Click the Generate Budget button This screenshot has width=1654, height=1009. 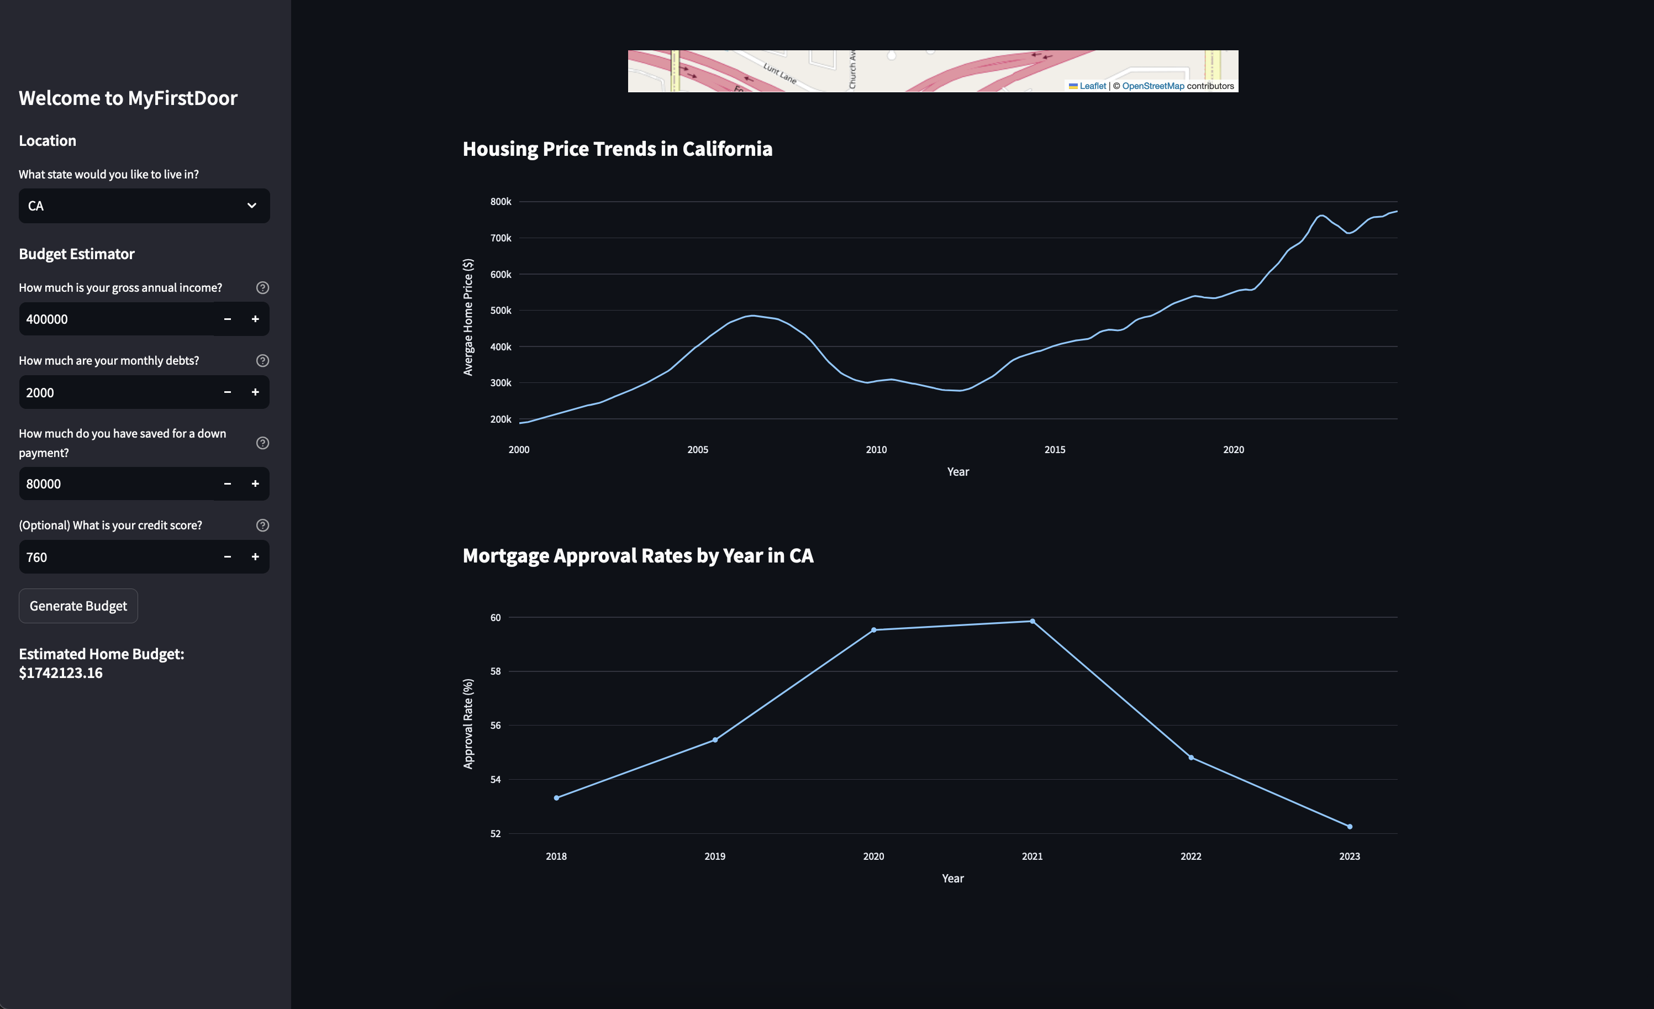(x=78, y=606)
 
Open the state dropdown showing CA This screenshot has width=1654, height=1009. (x=144, y=206)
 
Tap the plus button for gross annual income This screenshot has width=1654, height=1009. (x=255, y=319)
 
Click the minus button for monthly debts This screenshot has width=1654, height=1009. (x=228, y=392)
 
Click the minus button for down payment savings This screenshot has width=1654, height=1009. (x=228, y=484)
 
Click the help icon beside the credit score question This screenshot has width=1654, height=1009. (x=262, y=525)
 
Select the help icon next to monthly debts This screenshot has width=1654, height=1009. (x=262, y=360)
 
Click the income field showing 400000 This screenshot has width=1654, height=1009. (x=114, y=319)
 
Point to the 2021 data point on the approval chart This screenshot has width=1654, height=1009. (x=1033, y=621)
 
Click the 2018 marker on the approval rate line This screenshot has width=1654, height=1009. (x=556, y=797)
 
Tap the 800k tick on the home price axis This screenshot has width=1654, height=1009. (x=501, y=201)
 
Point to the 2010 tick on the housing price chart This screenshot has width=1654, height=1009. (x=876, y=450)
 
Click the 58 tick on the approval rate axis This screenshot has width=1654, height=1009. (x=496, y=671)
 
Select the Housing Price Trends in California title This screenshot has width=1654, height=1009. (x=617, y=148)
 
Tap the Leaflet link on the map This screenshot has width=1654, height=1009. (x=1092, y=86)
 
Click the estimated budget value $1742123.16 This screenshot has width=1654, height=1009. (x=60, y=672)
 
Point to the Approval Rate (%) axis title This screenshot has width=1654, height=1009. (x=468, y=724)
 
